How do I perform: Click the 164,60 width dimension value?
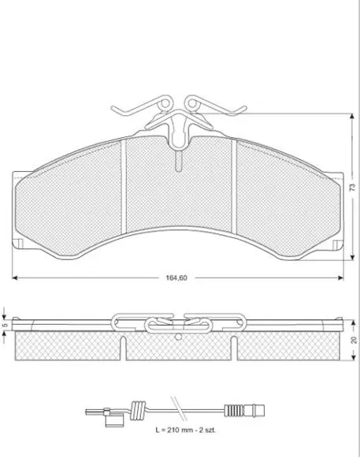click(176, 277)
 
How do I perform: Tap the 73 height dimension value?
click(352, 188)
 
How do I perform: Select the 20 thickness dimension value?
click(354, 340)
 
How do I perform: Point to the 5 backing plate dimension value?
click(4, 326)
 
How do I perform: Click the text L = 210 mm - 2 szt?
click(186, 430)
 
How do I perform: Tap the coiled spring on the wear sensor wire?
click(138, 410)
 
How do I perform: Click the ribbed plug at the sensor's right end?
click(244, 410)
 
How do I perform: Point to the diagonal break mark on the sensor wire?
click(178, 408)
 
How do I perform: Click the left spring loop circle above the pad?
click(165, 103)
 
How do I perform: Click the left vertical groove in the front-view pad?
click(123, 187)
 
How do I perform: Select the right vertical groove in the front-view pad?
click(234, 187)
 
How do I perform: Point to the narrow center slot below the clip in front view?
click(179, 161)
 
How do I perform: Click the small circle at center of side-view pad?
click(179, 336)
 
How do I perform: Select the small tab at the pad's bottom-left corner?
click(18, 244)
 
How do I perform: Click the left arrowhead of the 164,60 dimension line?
click(15, 277)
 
